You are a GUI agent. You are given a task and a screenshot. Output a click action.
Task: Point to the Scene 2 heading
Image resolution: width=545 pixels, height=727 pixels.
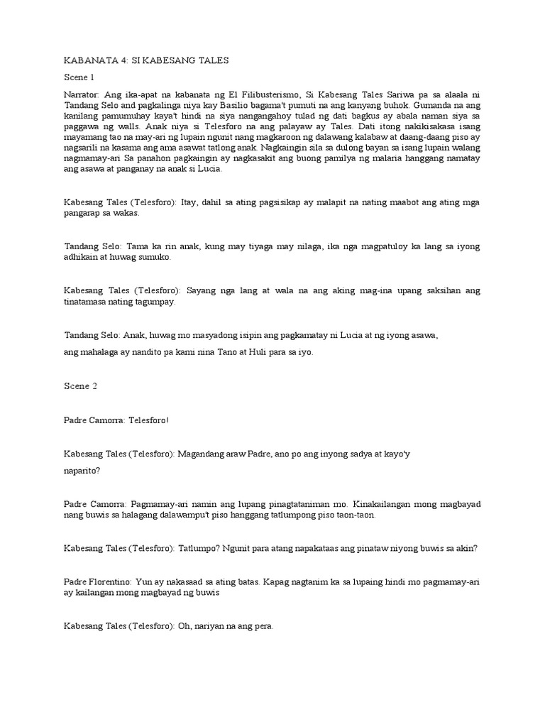(x=79, y=386)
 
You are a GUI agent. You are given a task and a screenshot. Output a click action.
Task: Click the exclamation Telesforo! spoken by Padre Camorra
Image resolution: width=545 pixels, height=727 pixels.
(x=146, y=420)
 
